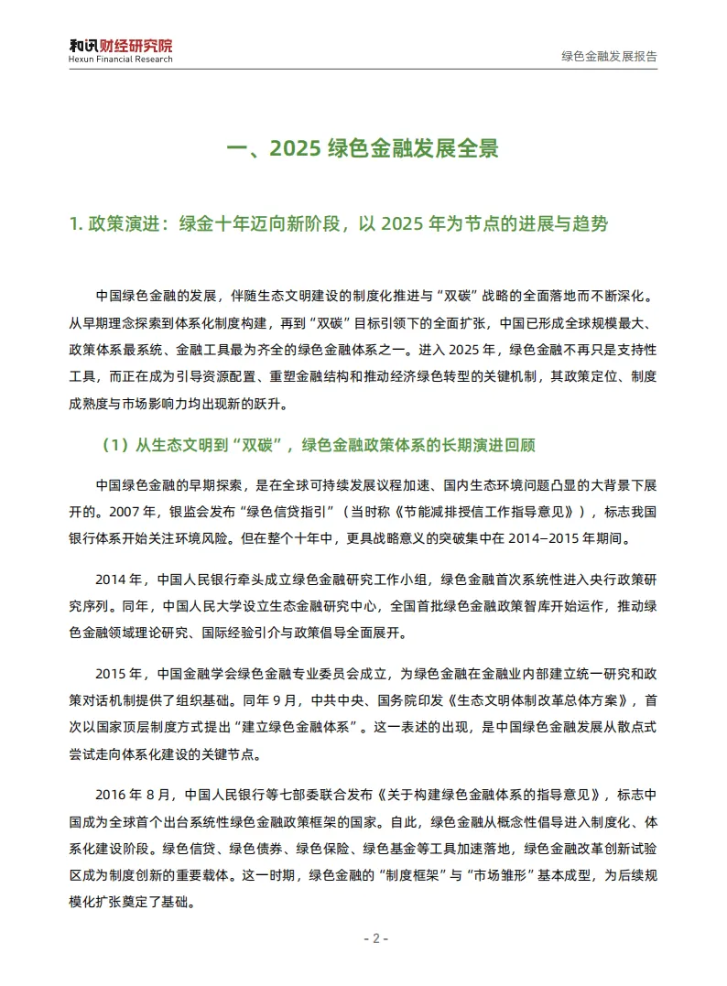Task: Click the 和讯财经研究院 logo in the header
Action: [x=120, y=45]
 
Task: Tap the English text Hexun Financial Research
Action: [x=120, y=60]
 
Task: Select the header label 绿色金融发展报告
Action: [x=609, y=55]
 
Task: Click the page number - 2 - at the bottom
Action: [x=375, y=939]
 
